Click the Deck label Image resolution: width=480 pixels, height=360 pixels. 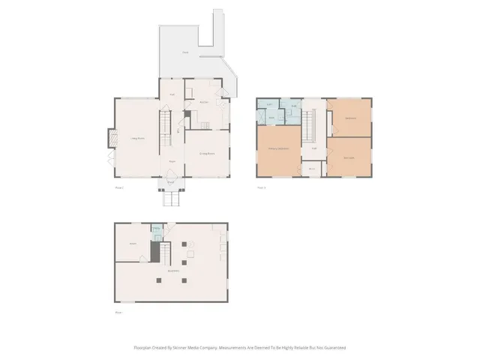[x=185, y=52]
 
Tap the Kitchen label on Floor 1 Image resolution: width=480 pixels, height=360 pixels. [x=203, y=102]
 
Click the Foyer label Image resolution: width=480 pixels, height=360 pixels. [x=172, y=161]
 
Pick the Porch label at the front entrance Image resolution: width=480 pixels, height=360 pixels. [x=171, y=181]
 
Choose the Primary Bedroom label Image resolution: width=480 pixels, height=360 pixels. [x=279, y=150]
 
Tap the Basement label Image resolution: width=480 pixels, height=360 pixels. [x=172, y=271]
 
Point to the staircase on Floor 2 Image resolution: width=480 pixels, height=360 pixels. [x=306, y=127]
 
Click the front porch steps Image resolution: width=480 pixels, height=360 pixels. [x=171, y=199]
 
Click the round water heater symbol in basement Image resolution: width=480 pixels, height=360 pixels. [x=190, y=244]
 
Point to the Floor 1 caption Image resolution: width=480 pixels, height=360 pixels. [x=118, y=187]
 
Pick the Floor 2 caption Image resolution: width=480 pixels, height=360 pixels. [x=261, y=187]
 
